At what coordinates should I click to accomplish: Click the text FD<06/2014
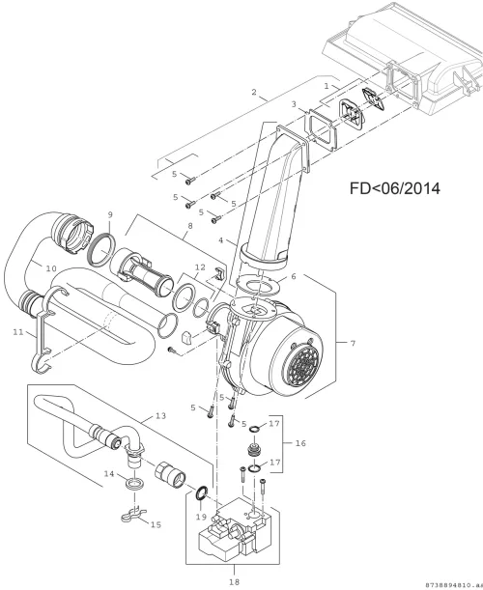[x=395, y=188]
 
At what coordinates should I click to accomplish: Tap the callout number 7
[x=353, y=343]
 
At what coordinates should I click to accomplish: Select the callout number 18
[x=234, y=581]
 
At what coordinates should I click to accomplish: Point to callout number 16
[x=300, y=443]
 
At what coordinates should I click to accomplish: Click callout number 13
[x=160, y=416]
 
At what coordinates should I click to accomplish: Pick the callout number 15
[x=156, y=524]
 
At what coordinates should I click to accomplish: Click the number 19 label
[x=201, y=517]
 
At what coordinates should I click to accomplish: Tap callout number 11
[x=17, y=332]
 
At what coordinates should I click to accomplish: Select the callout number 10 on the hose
[x=51, y=268]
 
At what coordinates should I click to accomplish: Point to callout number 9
[x=110, y=215]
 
